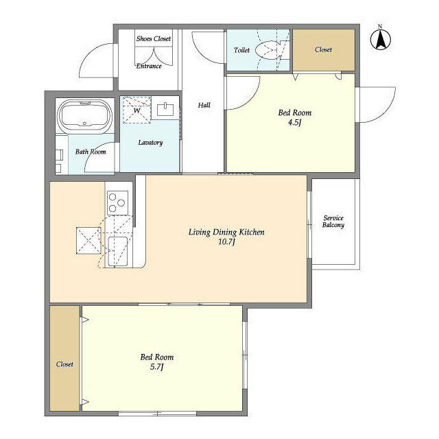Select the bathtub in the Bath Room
coord(84,116)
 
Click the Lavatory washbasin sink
coord(165,110)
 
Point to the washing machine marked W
coord(137,110)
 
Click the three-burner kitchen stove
coord(117,203)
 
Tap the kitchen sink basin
coord(117,252)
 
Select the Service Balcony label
coord(333,221)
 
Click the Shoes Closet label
coord(154,38)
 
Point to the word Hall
coord(204,105)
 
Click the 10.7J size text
coord(226,241)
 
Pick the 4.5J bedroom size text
coord(294,122)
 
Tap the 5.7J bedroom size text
coord(157,367)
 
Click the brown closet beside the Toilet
coord(324,50)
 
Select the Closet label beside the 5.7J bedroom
coord(64,364)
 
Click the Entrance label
coord(149,66)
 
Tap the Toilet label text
coord(241,50)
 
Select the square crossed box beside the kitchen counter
coord(88,241)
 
